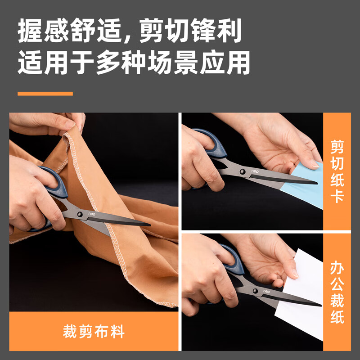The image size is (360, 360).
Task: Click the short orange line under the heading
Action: tap(45, 94)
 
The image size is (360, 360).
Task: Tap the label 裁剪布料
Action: tap(94, 332)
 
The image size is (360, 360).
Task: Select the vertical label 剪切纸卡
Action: tap(337, 171)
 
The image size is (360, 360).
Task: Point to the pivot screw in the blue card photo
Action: tap(242, 171)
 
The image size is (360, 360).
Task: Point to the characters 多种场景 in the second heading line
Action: tap(148, 63)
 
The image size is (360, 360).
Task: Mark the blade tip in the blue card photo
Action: tap(315, 183)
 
